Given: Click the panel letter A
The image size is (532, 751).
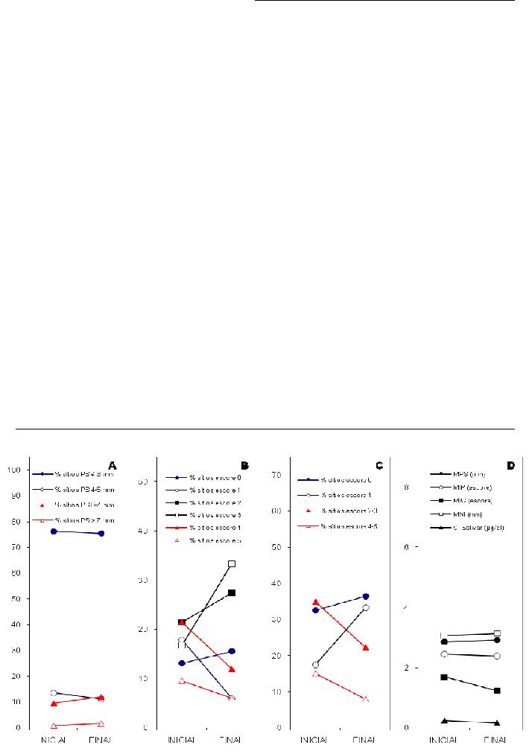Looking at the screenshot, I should (x=113, y=466).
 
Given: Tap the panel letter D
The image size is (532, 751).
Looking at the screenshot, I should (x=510, y=466).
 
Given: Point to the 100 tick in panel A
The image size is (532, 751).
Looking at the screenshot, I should (x=13, y=470).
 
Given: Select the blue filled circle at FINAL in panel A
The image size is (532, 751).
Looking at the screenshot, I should (x=101, y=534).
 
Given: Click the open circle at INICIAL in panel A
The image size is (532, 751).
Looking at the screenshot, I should (x=54, y=693).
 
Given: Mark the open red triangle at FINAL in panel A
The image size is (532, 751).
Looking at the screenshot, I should (x=101, y=723).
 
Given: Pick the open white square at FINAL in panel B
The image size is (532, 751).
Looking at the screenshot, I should (x=232, y=564).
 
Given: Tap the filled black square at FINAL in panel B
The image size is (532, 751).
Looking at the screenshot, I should (x=232, y=592).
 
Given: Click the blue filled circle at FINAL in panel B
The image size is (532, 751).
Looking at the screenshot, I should (x=232, y=651).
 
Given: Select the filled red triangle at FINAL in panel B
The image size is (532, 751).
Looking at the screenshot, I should (x=232, y=669).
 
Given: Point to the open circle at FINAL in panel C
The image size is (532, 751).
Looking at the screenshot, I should (x=366, y=608).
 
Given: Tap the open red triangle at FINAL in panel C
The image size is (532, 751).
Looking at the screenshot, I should (x=366, y=699).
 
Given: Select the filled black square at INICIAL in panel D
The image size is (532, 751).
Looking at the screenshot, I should (x=444, y=677).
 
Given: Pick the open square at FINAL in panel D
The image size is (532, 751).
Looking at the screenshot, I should (x=497, y=633).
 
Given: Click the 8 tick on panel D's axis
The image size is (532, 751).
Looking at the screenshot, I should (x=406, y=487).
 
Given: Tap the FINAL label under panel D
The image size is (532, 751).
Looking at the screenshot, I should (x=495, y=741).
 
